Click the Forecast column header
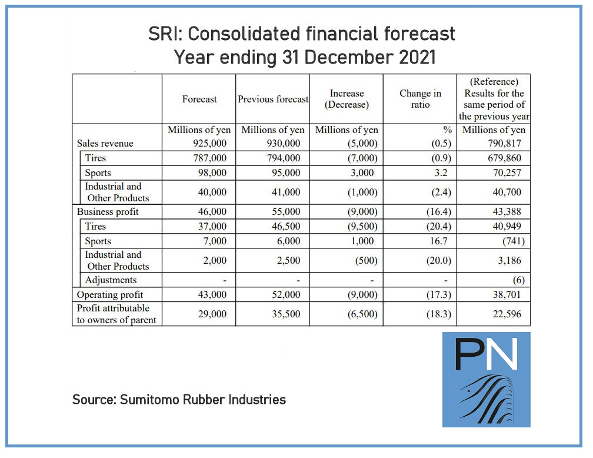[199, 99]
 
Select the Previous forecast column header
[273, 99]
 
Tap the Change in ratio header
[420, 99]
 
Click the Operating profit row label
[110, 294]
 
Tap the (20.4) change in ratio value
[438, 227]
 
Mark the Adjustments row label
[111, 280]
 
